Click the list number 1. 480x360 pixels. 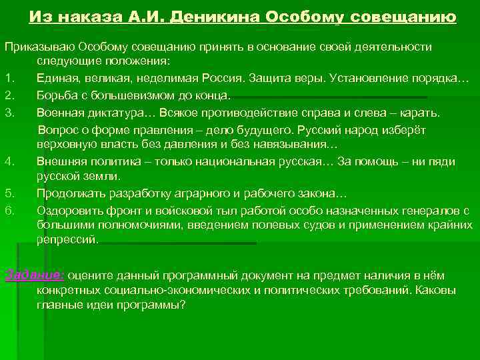pyautogui.click(x=10, y=79)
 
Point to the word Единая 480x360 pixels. pyautogui.click(x=56, y=79)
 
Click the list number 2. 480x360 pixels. pyautogui.click(x=10, y=95)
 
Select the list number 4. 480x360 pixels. pyautogui.click(x=10, y=161)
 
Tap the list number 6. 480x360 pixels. pyautogui.click(x=10, y=210)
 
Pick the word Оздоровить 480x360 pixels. pyautogui.click(x=68, y=210)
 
